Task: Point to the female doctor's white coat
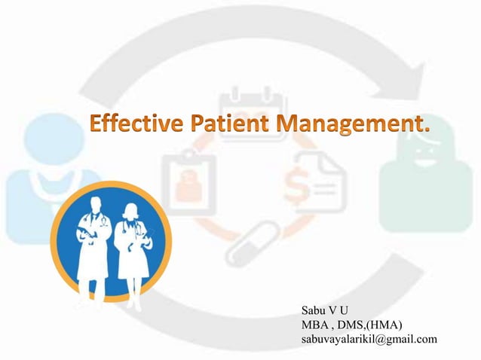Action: (133, 245)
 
